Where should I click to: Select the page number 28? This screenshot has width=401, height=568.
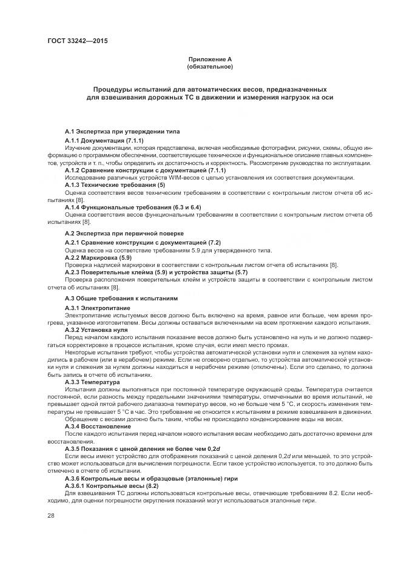[x=52, y=515]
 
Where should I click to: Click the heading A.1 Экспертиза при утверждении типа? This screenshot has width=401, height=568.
[x=122, y=131]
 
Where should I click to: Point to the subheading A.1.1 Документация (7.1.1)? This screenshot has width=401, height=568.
[x=104, y=140]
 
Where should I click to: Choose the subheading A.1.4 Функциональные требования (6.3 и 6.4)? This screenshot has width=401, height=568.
[x=132, y=207]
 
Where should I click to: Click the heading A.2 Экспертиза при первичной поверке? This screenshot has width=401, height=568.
[x=124, y=233]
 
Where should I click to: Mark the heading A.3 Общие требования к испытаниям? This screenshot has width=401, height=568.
[x=121, y=299]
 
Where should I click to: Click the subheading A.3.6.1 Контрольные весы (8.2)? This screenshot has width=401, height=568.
[x=111, y=487]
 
